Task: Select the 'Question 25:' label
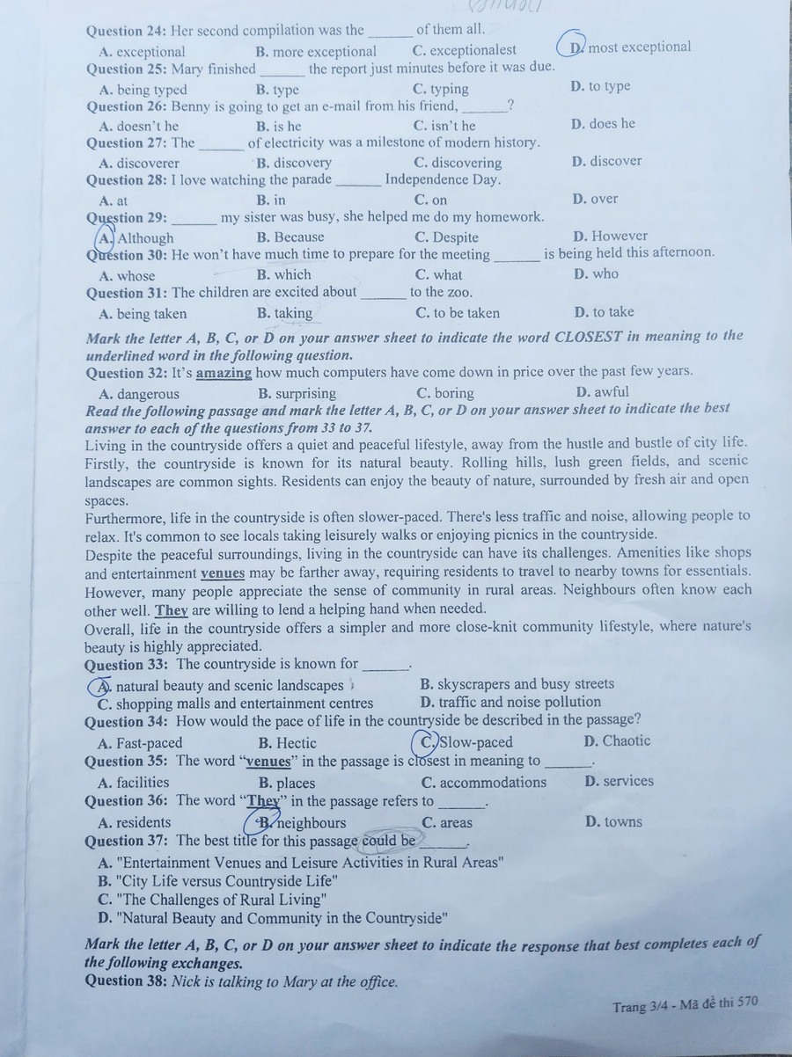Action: coord(126,69)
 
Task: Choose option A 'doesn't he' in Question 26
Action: coord(139,126)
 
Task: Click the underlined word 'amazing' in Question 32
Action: coord(224,372)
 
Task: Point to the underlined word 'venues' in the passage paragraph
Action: coord(223,572)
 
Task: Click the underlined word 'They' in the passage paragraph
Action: coord(172,609)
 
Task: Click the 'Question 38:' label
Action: coord(126,981)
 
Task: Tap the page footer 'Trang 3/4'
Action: coord(642,1006)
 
